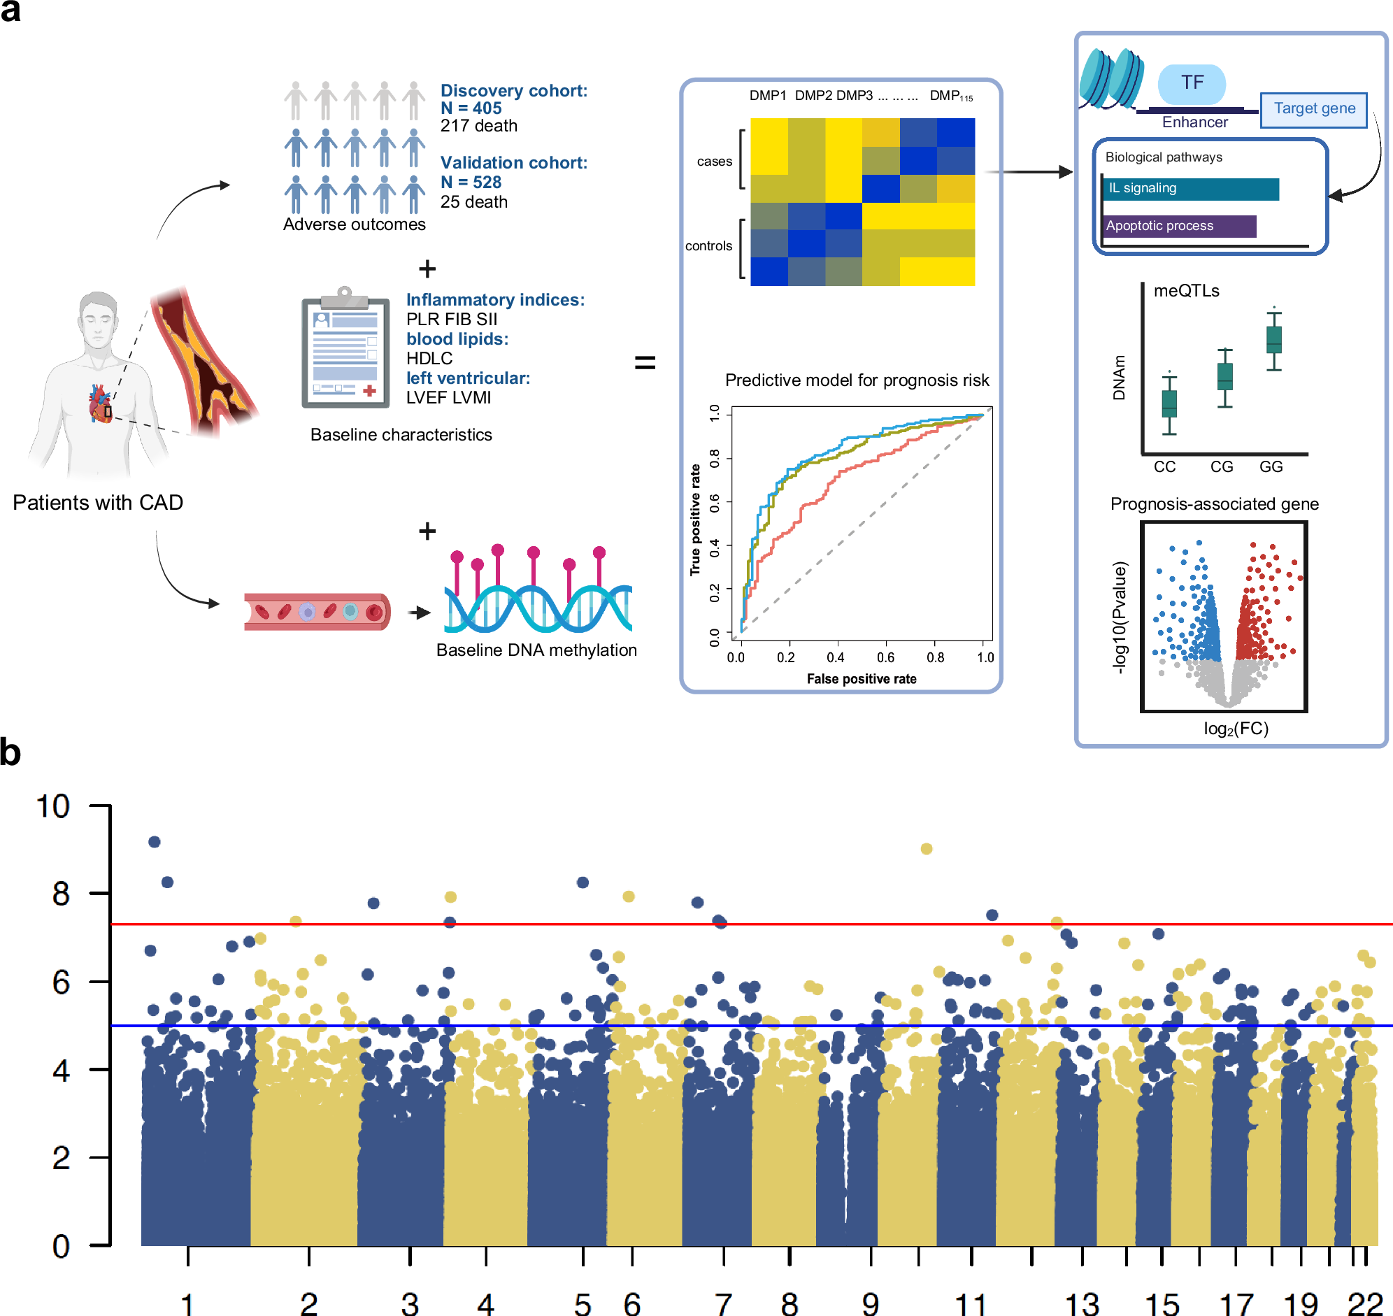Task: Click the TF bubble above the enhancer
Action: click(1191, 83)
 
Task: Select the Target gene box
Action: click(1313, 109)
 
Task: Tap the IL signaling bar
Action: click(1190, 189)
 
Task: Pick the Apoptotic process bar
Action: click(1178, 226)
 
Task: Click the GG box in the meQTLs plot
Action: click(1273, 340)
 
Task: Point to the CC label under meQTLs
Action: click(1164, 466)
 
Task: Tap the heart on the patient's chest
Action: click(99, 403)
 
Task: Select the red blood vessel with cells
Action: click(316, 611)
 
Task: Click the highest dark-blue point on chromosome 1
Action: click(155, 841)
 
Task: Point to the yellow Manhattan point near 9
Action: click(926, 849)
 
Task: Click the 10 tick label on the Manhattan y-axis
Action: click(53, 807)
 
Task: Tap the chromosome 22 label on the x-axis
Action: click(1364, 1303)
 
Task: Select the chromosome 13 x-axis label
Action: click(1081, 1303)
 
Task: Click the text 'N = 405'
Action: click(471, 108)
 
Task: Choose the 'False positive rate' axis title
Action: click(861, 678)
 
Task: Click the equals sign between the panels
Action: click(644, 363)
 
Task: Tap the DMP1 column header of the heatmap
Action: click(767, 95)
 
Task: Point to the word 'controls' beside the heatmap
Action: click(708, 245)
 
